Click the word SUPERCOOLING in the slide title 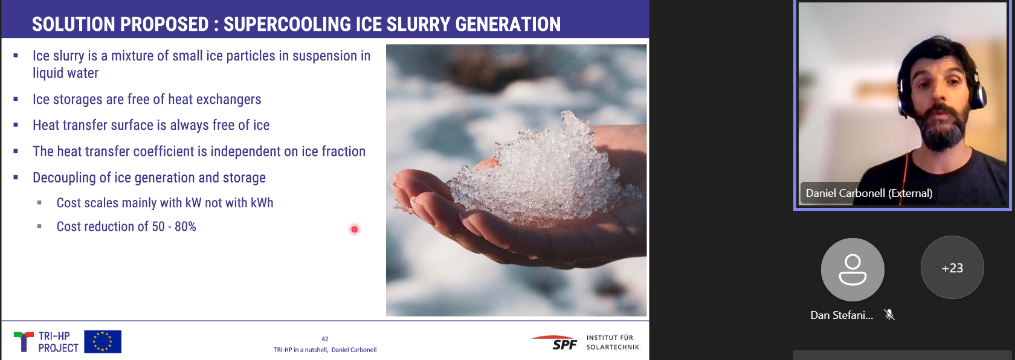click(287, 24)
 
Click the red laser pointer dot click(354, 230)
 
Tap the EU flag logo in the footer click(103, 341)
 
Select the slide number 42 click(325, 339)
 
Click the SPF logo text click(564, 345)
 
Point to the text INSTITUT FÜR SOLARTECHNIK click(613, 342)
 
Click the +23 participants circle click(952, 268)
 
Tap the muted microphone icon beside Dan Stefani click(889, 315)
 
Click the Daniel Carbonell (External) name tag click(869, 193)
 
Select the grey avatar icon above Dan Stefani click(852, 269)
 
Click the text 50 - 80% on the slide click(174, 227)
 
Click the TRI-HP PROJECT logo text click(58, 342)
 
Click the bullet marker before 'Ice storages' click(16, 98)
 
